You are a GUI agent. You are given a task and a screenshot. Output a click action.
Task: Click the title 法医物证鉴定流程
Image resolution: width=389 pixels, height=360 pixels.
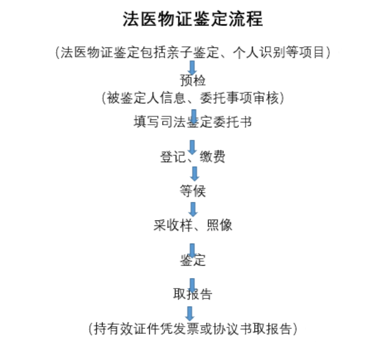(193, 19)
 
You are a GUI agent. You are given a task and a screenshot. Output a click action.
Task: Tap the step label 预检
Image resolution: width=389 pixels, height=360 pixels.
(193, 80)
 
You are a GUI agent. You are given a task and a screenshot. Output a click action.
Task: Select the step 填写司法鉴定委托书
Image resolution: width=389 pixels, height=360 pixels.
(193, 122)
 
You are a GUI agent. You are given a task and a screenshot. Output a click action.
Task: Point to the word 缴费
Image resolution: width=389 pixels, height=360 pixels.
(212, 157)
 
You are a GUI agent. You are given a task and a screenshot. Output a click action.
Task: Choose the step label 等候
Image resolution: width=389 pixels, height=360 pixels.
(193, 191)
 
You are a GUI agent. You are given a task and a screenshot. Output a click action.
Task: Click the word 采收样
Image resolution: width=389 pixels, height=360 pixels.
(173, 225)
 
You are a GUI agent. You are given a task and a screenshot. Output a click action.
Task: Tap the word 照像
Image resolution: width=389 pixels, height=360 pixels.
(219, 225)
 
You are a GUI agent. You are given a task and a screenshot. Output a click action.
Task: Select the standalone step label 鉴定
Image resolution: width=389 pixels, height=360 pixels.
(193, 260)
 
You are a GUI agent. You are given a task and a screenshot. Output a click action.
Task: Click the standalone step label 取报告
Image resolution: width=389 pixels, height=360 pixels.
(193, 294)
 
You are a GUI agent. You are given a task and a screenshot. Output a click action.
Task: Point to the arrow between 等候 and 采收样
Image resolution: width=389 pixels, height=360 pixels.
(193, 209)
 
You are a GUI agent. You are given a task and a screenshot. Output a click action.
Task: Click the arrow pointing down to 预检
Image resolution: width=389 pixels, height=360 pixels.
(192, 68)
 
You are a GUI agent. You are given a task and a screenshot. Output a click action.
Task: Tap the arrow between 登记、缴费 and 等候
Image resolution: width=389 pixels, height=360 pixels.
(194, 173)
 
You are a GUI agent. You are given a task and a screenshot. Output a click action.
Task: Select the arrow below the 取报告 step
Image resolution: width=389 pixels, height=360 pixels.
(190, 314)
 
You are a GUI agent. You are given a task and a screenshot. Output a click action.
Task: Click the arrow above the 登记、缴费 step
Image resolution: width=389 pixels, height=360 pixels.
(192, 148)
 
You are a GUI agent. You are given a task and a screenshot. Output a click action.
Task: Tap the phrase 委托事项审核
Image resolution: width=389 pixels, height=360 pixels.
(239, 98)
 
